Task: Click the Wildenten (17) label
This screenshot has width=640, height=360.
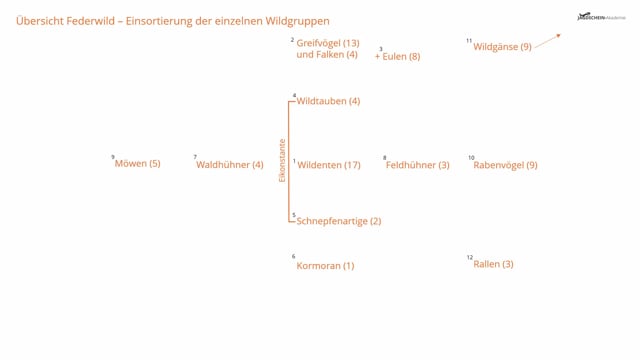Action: [329, 165]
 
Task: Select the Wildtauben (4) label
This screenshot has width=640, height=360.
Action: [328, 101]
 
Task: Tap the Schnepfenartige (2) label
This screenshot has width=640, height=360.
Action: [339, 221]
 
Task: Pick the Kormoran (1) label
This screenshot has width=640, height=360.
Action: [325, 266]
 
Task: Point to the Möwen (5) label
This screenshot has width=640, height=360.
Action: [137, 164]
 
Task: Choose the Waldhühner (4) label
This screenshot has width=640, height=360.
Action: [229, 165]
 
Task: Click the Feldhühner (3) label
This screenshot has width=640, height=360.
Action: [417, 165]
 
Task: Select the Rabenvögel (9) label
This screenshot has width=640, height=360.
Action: [505, 165]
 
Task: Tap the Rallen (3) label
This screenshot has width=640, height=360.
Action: [493, 264]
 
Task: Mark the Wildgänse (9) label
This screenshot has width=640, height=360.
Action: [502, 46]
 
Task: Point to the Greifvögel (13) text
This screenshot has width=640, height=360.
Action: [327, 43]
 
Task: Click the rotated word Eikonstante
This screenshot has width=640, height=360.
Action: [282, 160]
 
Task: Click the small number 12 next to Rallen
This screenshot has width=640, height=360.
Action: [469, 258]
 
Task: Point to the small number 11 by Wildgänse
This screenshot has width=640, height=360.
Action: [468, 41]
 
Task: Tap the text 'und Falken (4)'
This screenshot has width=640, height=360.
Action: [327, 55]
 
